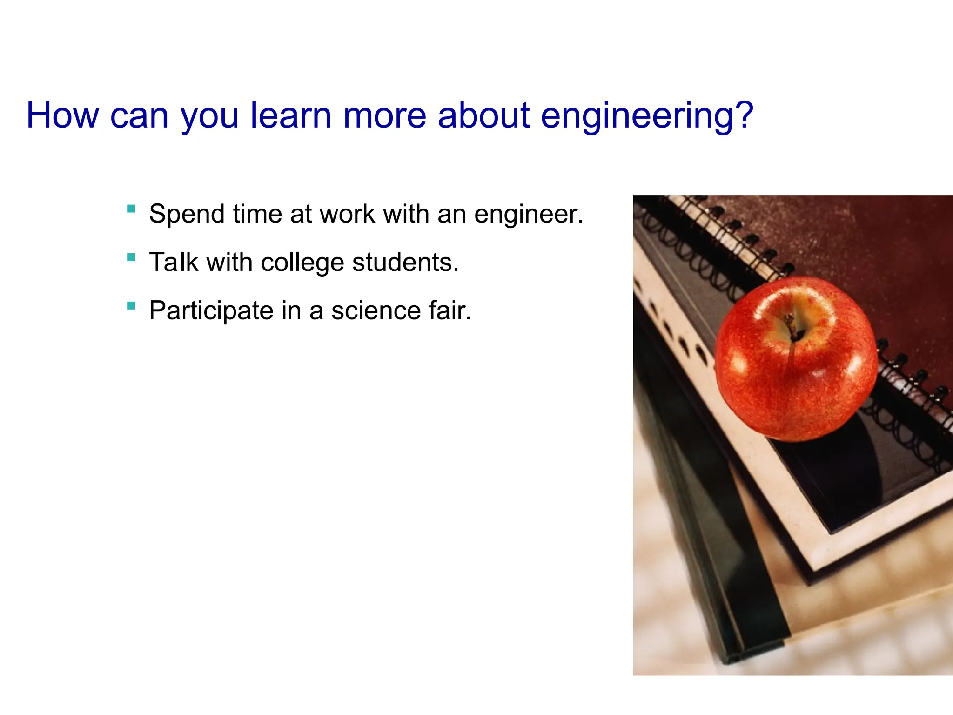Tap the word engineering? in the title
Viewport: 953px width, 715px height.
click(646, 116)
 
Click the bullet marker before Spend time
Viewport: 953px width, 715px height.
click(131, 209)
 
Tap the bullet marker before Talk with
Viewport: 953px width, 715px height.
click(131, 257)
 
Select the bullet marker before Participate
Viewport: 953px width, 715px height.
click(131, 305)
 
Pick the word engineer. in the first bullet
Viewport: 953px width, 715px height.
click(529, 215)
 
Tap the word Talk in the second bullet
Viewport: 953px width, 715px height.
click(174, 262)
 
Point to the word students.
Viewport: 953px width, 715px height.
click(405, 262)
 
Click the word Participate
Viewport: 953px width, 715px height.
click(211, 311)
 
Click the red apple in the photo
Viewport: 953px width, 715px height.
click(796, 368)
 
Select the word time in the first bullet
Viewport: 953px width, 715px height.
click(257, 214)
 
